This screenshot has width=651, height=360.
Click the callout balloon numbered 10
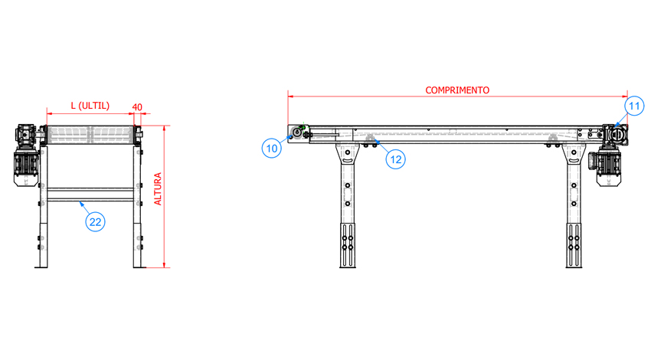click(272, 149)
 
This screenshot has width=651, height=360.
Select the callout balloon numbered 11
click(634, 106)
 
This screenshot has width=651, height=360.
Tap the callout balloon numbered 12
click(396, 159)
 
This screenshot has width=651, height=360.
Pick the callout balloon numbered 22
click(95, 221)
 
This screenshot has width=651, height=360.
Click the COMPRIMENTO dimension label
click(457, 90)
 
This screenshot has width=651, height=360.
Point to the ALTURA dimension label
click(158, 189)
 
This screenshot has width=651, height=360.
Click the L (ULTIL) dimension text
click(90, 106)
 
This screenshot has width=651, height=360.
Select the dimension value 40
click(137, 107)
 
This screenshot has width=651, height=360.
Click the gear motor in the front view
click(27, 155)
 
